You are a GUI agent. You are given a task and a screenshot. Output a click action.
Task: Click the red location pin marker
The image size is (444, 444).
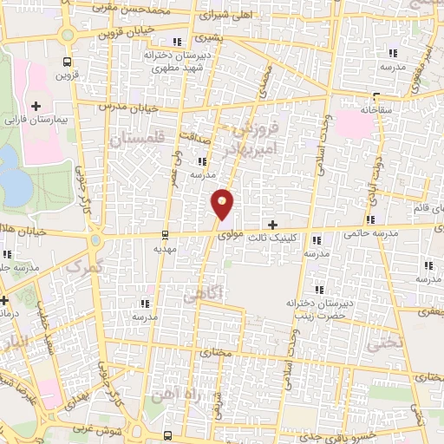(223, 203)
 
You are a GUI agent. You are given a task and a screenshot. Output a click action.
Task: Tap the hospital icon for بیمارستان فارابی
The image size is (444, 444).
(36, 106)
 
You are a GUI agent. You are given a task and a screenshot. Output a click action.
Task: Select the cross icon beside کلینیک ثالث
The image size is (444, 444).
(273, 225)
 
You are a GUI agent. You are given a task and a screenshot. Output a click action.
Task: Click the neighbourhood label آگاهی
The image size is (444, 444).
(203, 296)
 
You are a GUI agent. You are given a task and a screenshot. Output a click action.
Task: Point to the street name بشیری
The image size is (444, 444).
(209, 38)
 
